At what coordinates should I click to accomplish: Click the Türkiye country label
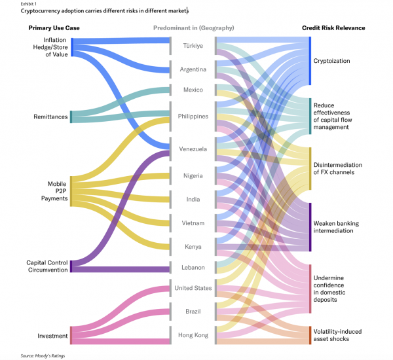193,46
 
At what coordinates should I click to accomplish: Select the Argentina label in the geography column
193,69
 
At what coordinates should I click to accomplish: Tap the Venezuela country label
193,149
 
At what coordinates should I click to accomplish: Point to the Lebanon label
193,268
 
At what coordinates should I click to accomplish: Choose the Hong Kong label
193,335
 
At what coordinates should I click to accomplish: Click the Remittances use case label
50,117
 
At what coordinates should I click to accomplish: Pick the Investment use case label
52,336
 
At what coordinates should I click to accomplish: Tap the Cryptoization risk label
331,61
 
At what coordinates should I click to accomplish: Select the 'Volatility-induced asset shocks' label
337,335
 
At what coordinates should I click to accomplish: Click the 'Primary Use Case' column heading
54,27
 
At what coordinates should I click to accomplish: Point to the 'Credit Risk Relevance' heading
333,27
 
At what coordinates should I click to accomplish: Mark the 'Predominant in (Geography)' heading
193,27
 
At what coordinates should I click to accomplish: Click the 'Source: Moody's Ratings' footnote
43,355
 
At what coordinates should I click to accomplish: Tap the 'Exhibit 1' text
28,4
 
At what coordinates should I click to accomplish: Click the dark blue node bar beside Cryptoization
310,61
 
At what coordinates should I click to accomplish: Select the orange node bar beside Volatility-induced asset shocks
310,335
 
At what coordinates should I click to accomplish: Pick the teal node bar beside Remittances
71,117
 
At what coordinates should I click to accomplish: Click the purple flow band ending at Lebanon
121,269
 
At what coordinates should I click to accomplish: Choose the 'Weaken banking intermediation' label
336,227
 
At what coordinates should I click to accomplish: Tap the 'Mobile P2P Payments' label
54,191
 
